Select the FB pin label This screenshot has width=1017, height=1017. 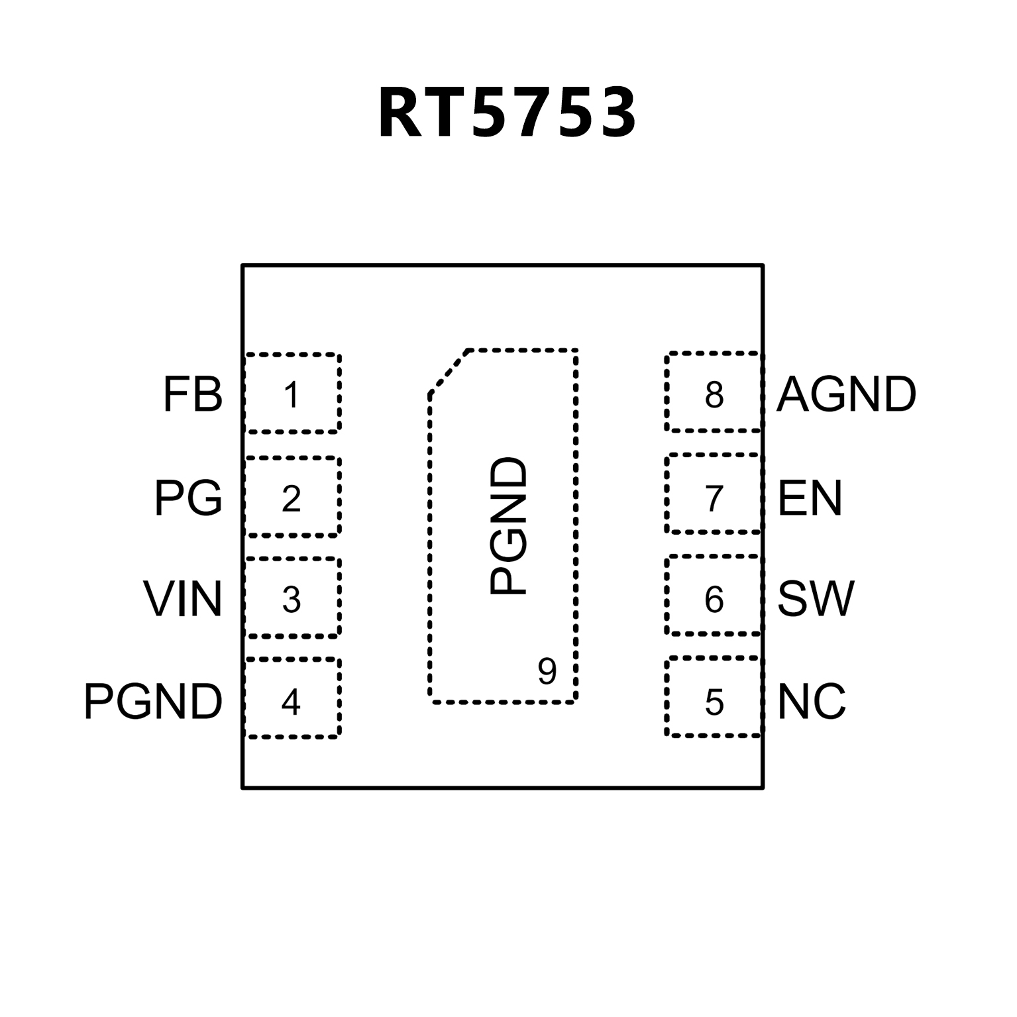coord(192,395)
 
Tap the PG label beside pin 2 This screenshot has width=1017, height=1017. coord(188,498)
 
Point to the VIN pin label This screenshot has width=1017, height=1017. coord(182,600)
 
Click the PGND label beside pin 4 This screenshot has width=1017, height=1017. coord(153,702)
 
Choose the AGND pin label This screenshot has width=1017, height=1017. coord(846,395)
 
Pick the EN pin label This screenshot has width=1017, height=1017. coord(810,498)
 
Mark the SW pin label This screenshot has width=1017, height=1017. coord(816,599)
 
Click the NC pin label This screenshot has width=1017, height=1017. coord(812,702)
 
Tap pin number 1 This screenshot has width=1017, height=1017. coord(292,396)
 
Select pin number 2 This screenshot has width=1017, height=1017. coord(292,499)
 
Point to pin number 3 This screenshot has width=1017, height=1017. coord(292,600)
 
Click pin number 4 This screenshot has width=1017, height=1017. coord(292,702)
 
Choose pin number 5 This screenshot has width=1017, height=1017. coord(714,702)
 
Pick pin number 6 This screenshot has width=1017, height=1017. coord(714,600)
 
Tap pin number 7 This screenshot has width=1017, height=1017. coord(714,499)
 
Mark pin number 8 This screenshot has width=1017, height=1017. coord(714,395)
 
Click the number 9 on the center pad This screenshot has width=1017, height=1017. coord(547,672)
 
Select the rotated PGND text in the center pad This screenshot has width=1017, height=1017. coord(509,526)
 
